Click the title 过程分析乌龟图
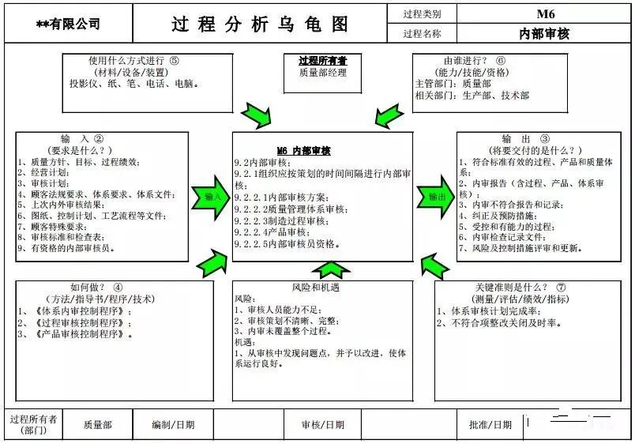[x=260, y=24]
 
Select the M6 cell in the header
[x=546, y=13]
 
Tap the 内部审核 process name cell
[x=544, y=33]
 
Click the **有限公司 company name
[x=68, y=24]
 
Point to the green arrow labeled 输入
[x=212, y=197]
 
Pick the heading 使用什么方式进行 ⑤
[x=134, y=60]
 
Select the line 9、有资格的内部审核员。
[x=67, y=248]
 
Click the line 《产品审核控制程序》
[x=79, y=334]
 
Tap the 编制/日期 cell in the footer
[x=173, y=425]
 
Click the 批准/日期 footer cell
[x=490, y=425]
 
